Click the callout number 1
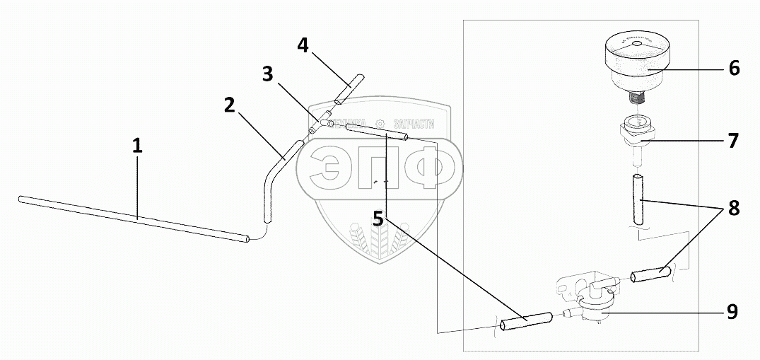[137, 147]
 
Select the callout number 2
[228, 105]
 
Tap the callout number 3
[267, 74]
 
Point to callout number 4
[303, 46]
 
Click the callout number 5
[378, 219]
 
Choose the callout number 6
[733, 69]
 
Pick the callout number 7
[733, 141]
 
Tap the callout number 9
[733, 311]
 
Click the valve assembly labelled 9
[592, 304]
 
